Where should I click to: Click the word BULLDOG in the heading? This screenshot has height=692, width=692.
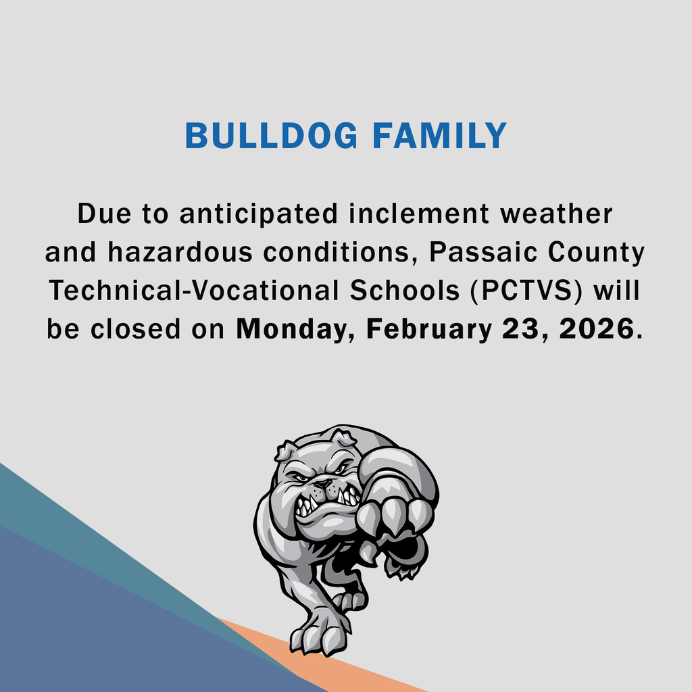click(272, 137)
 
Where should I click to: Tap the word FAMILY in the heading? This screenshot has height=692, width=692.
click(439, 137)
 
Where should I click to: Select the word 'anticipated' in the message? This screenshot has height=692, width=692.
click(258, 214)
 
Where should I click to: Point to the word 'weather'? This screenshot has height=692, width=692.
click(556, 214)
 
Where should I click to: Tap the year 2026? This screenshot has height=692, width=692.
click(597, 330)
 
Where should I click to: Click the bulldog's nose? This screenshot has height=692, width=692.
click(323, 484)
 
